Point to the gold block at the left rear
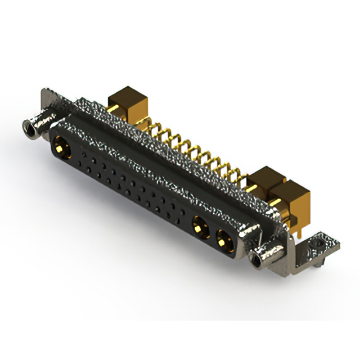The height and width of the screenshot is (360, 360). coord(128,102)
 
